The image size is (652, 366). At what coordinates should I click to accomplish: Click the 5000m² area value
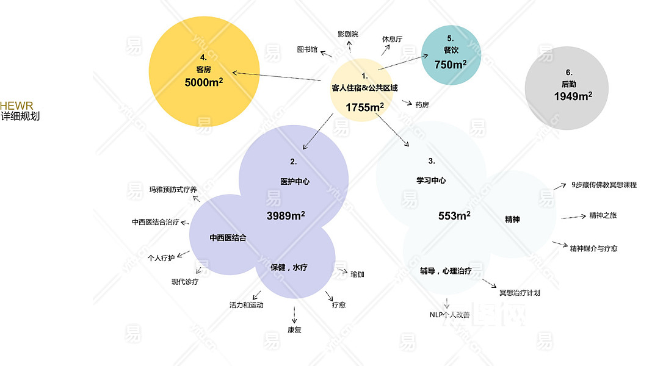coord(203,82)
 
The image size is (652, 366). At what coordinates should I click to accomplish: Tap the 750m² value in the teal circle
coord(451,64)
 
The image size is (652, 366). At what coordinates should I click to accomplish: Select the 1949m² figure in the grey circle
coord(573,96)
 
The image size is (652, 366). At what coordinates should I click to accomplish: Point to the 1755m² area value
coord(364,107)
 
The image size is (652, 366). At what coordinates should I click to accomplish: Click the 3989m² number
coord(286,215)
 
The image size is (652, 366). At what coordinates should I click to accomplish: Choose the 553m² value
coord(454,215)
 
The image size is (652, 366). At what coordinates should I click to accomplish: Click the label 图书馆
coord(307,49)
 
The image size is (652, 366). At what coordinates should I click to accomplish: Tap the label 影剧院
coord(348,34)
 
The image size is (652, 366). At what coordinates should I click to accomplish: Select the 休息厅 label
coord(393,39)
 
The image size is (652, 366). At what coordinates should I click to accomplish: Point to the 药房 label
coord(422,105)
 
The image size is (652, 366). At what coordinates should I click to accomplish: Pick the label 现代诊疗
coord(184,282)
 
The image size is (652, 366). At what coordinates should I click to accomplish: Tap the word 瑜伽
coord(357,274)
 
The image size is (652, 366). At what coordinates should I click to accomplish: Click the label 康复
coord(294,330)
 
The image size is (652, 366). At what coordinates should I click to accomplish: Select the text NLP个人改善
coord(450,315)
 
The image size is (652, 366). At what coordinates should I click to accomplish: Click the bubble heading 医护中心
coord(294,181)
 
